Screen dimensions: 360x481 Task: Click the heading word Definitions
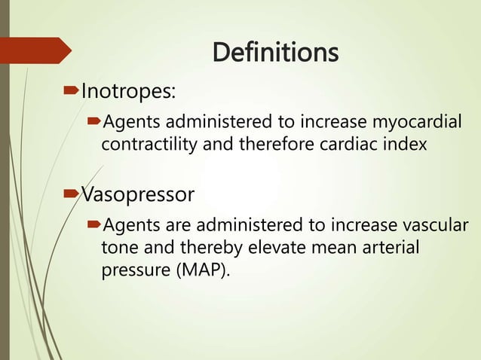pyautogui.click(x=275, y=53)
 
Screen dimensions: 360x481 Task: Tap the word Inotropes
pyautogui.click(x=127, y=92)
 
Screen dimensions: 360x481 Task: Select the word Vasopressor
pyautogui.click(x=137, y=195)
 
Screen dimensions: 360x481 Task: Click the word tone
pyautogui.click(x=118, y=248)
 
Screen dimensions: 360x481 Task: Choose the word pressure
pyautogui.click(x=131, y=270)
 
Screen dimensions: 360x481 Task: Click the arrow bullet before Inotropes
pyautogui.click(x=72, y=92)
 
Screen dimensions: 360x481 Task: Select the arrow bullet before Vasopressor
pyautogui.click(x=72, y=195)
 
